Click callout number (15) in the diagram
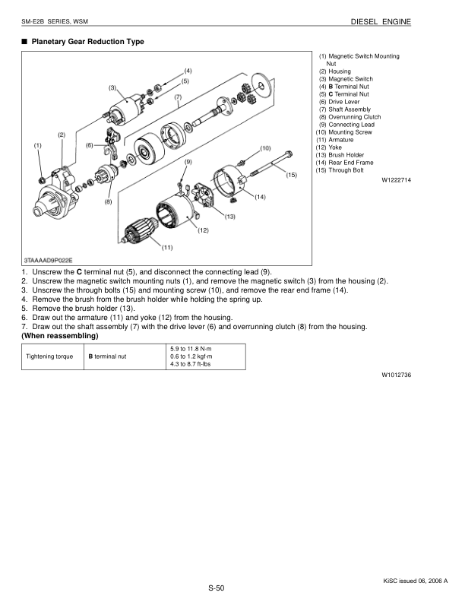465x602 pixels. [x=290, y=175]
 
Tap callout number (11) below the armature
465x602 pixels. [x=167, y=247]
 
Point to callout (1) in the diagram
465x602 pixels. [x=38, y=144]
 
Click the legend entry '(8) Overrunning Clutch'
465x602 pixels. [x=350, y=117]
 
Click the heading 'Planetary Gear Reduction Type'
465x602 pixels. [x=84, y=41]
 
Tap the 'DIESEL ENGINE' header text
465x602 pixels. [x=381, y=22]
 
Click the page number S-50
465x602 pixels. [x=216, y=588]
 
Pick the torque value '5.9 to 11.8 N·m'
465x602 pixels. [x=191, y=348]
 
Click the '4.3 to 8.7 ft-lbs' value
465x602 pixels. [x=191, y=364]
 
